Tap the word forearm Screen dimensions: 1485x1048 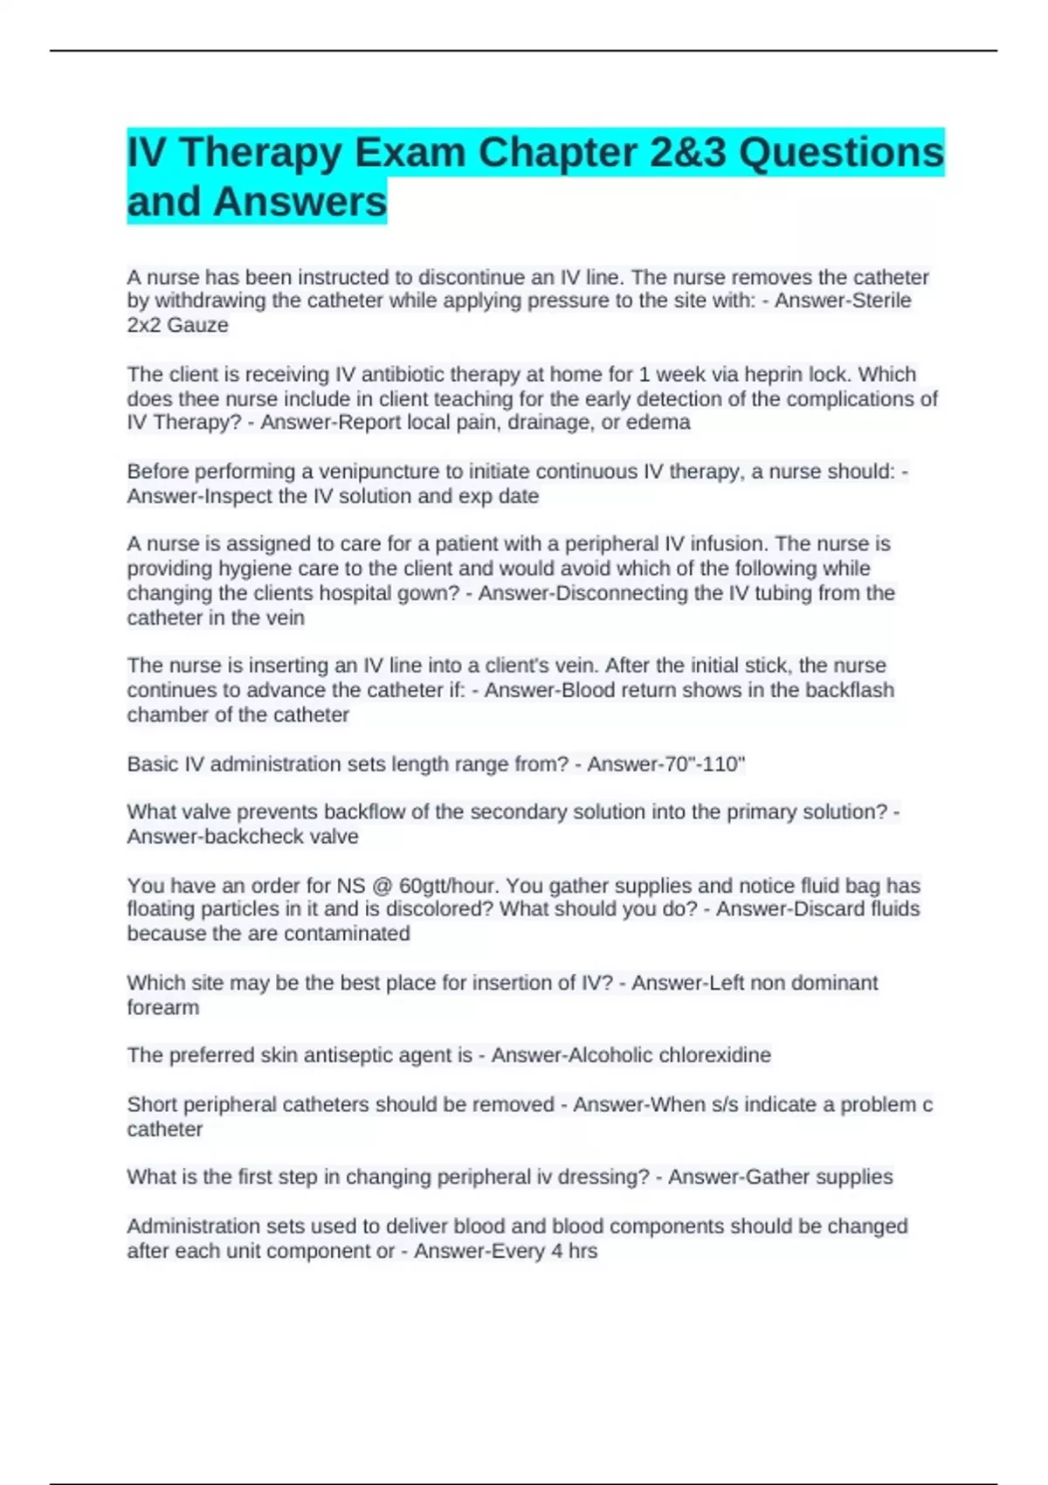163,1008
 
